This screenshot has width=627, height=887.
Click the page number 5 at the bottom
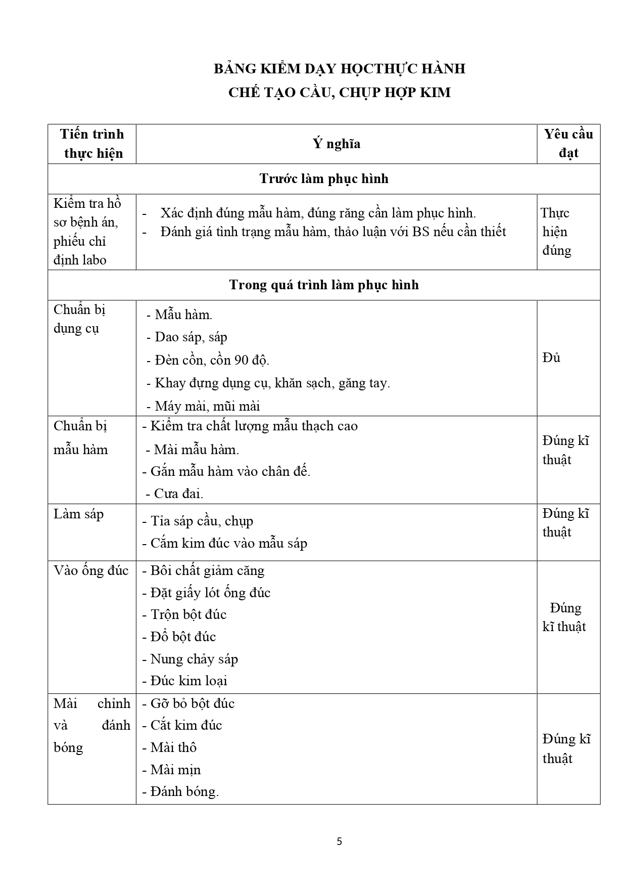click(339, 841)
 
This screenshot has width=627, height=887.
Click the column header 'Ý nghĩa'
click(336, 144)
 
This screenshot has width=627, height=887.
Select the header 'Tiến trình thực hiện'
click(92, 144)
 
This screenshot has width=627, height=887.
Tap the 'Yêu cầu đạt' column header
click(568, 144)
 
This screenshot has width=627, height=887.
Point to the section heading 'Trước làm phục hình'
click(324, 179)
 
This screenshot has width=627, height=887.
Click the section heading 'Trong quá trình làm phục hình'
click(324, 285)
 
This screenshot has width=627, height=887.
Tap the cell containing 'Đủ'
click(552, 358)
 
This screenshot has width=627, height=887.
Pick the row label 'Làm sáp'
click(79, 514)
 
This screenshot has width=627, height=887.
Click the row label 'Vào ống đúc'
click(91, 571)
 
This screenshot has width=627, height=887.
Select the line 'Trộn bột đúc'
click(188, 615)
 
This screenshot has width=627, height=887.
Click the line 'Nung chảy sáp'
click(194, 659)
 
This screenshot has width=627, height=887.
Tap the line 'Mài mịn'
click(175, 770)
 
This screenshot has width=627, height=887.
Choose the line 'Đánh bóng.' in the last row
click(184, 792)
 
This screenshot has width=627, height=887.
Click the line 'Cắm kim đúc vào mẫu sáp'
click(228, 544)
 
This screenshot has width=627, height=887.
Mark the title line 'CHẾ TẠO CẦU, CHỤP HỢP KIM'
click(339, 93)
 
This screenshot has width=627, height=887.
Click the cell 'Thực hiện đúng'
click(556, 232)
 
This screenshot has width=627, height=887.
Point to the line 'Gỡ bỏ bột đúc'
click(192, 704)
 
